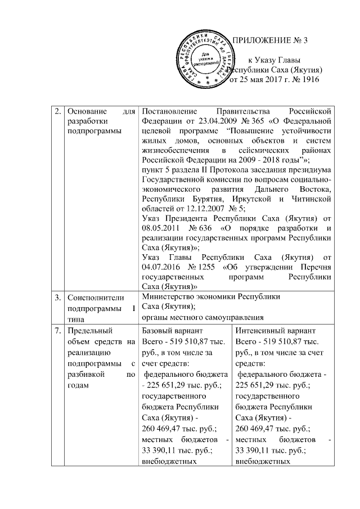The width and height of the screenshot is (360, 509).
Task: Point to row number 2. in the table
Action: pos(58,110)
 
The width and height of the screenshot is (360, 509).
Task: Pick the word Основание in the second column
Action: pos(85,110)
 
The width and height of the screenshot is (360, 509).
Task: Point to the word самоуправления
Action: pos(231,316)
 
